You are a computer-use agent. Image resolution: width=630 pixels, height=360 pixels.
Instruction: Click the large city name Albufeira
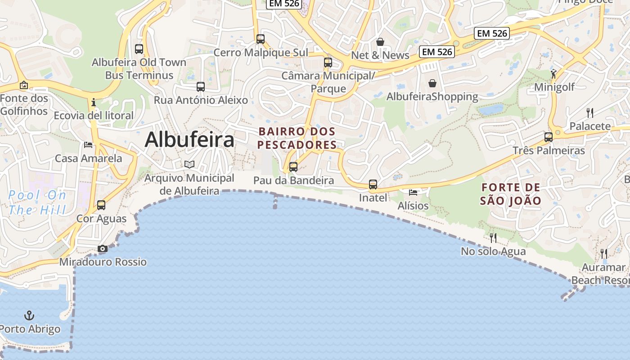(x=189, y=139)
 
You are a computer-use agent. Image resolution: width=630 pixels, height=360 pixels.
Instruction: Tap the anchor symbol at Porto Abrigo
(x=29, y=315)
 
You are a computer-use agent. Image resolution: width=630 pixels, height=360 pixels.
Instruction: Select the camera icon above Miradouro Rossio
(x=103, y=249)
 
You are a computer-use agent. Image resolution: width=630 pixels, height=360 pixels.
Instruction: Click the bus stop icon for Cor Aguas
(x=101, y=205)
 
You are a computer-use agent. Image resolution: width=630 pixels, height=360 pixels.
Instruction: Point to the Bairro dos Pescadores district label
(x=297, y=138)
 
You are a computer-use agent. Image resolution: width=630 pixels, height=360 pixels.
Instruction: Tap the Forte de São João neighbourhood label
(x=510, y=194)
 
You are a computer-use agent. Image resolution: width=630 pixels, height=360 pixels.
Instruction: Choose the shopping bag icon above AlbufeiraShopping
(x=432, y=83)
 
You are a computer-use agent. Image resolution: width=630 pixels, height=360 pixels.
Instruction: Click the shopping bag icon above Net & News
(x=380, y=42)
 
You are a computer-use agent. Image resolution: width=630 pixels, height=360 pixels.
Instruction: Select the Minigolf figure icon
(x=553, y=74)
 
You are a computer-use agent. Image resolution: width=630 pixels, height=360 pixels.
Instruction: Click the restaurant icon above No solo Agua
(x=493, y=238)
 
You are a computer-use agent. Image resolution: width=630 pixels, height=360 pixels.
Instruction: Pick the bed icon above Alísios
(x=413, y=193)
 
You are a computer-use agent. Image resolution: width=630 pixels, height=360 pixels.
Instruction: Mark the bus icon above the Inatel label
(x=373, y=184)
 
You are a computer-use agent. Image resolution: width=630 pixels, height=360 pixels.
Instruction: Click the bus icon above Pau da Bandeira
(x=293, y=167)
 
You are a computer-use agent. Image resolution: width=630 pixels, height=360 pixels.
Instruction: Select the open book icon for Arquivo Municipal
(x=189, y=165)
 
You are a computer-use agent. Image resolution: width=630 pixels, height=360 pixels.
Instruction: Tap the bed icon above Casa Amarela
(x=88, y=145)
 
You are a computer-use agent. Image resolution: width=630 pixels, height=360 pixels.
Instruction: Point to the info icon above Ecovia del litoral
(x=94, y=102)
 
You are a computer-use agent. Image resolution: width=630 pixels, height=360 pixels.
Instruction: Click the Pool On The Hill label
(x=37, y=202)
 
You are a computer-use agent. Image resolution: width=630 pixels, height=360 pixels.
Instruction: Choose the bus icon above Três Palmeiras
(x=549, y=137)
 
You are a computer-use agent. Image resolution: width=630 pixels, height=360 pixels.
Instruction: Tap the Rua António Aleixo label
(x=201, y=100)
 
